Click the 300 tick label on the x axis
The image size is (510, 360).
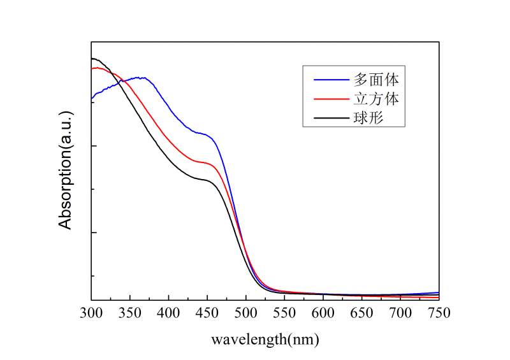tap(91, 313)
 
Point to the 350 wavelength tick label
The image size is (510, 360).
tap(130, 313)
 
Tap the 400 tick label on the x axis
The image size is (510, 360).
tap(168, 313)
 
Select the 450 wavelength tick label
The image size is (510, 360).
tap(207, 313)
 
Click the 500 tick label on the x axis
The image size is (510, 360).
tap(246, 313)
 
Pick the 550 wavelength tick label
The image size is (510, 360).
tap(284, 313)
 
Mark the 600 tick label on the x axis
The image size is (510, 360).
tap(323, 313)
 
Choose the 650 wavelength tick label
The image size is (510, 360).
tap(362, 313)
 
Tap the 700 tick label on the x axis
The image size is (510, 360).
tap(400, 313)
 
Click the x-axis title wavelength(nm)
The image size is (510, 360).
tap(265, 339)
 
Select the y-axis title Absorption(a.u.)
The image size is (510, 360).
tap(66, 169)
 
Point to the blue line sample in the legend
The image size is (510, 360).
tap(330, 80)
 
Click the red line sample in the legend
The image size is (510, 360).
tap(330, 99)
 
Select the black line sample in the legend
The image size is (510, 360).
tap(330, 119)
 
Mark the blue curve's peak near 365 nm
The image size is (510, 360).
tap(142, 78)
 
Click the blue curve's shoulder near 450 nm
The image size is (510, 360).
tap(205, 134)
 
